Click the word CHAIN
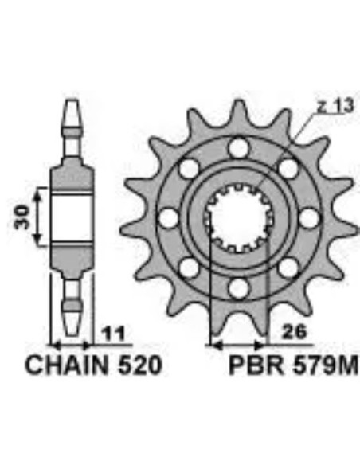pyautogui.click(x=67, y=365)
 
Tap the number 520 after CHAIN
pyautogui.click(x=140, y=365)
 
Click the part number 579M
pyautogui.click(x=325, y=365)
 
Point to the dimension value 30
pyautogui.click(x=22, y=217)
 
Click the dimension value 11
pyautogui.click(x=113, y=334)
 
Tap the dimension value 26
pyautogui.click(x=293, y=332)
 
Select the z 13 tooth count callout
pyautogui.click(x=335, y=106)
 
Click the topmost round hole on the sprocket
pyautogui.click(x=238, y=147)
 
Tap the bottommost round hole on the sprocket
pyautogui.click(x=238, y=288)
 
